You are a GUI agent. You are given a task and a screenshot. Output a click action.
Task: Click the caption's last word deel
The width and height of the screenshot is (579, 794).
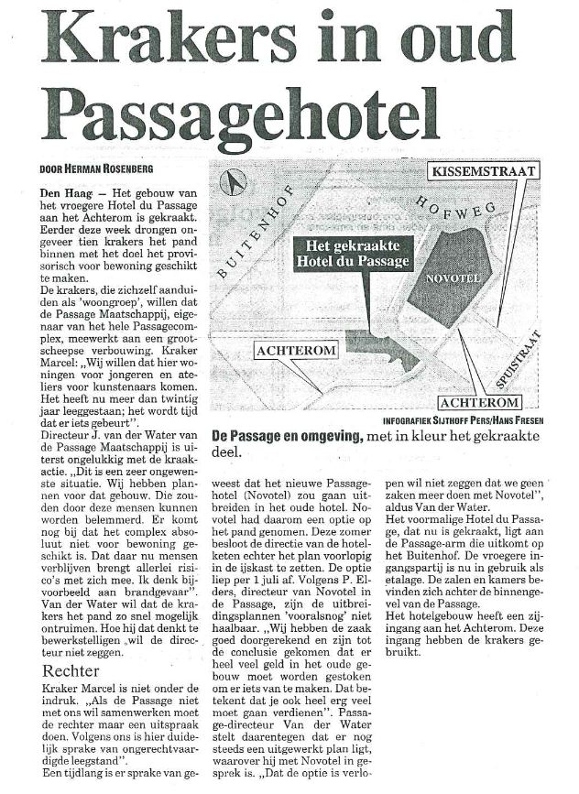click(225, 452)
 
